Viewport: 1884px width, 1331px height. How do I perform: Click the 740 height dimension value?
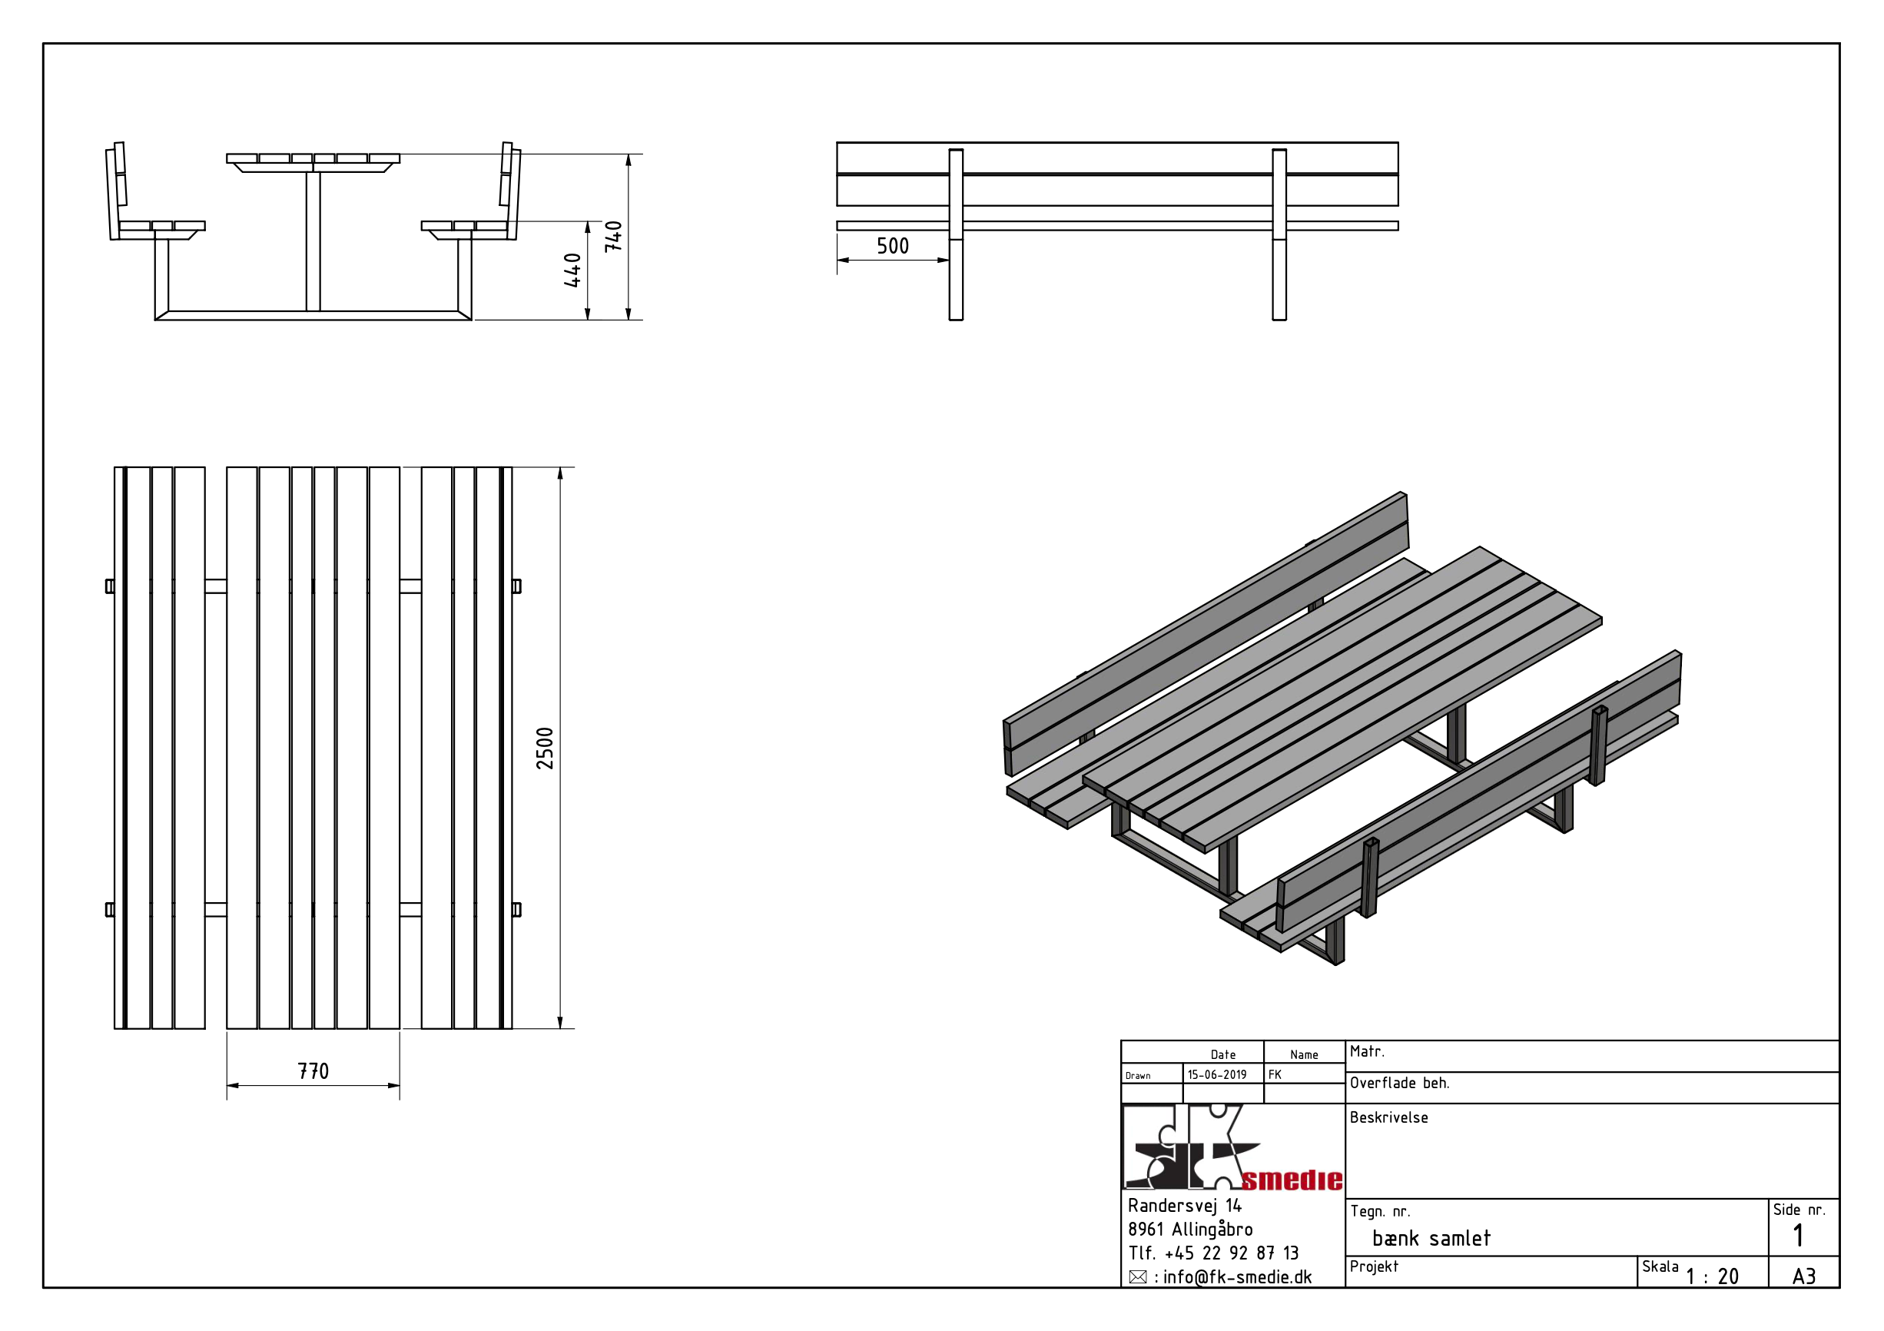pyautogui.click(x=613, y=237)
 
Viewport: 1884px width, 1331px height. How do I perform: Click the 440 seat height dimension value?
pyautogui.click(x=572, y=270)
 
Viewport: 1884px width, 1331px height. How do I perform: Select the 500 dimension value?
pyautogui.click(x=893, y=246)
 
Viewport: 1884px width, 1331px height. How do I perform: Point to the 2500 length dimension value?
pyautogui.click(x=545, y=748)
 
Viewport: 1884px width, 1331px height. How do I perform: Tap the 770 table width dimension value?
pyautogui.click(x=313, y=1071)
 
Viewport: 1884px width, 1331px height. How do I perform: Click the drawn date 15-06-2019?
pyautogui.click(x=1217, y=1075)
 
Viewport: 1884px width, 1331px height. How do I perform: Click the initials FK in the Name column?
pyautogui.click(x=1275, y=1075)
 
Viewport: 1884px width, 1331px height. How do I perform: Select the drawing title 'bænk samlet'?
pyautogui.click(x=1431, y=1238)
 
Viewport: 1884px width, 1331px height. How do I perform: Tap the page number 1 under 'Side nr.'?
pyautogui.click(x=1798, y=1236)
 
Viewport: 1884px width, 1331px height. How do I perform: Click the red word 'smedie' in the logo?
pyautogui.click(x=1292, y=1180)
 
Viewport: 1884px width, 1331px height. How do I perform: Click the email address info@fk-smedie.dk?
pyautogui.click(x=1237, y=1278)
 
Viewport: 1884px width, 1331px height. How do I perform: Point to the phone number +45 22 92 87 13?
pyautogui.click(x=1231, y=1253)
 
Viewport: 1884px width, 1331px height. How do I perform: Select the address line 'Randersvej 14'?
pyautogui.click(x=1184, y=1206)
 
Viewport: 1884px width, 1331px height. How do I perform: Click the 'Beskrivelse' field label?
pyautogui.click(x=1388, y=1117)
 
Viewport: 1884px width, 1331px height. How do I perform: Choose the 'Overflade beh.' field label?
pyautogui.click(x=1399, y=1084)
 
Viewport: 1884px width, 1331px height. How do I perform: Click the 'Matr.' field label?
pyautogui.click(x=1366, y=1051)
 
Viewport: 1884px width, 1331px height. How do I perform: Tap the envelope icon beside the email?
pyautogui.click(x=1137, y=1278)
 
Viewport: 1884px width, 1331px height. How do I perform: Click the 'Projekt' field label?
pyautogui.click(x=1374, y=1266)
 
